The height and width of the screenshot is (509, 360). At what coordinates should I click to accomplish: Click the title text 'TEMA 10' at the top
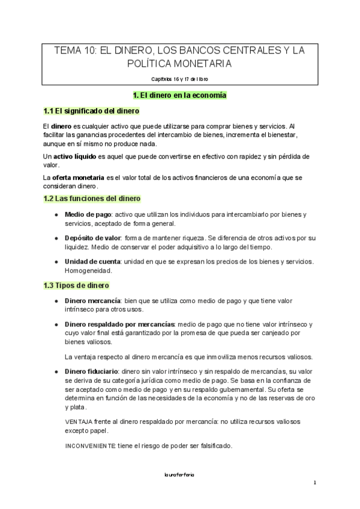(74, 51)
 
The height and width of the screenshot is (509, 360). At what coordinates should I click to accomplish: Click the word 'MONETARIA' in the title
(202, 64)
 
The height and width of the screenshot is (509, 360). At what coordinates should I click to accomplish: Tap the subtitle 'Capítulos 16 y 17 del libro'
(180, 79)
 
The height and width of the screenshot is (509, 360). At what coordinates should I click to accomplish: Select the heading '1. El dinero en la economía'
(179, 95)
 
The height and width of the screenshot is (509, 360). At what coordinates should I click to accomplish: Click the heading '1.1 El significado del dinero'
(91, 111)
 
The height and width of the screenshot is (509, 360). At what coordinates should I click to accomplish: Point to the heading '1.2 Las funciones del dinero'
(92, 198)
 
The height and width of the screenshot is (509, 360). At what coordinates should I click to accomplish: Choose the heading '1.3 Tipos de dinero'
(76, 285)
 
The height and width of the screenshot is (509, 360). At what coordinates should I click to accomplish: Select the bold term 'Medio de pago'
(88, 214)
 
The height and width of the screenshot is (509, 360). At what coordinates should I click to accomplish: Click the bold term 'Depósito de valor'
(92, 238)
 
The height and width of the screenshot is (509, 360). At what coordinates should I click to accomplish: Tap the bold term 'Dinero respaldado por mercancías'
(120, 324)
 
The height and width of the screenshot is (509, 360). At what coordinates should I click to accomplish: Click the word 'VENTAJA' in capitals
(79, 422)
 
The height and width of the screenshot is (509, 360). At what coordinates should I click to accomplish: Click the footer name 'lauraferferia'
(179, 474)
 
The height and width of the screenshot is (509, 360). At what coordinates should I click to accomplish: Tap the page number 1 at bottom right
(314, 483)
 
